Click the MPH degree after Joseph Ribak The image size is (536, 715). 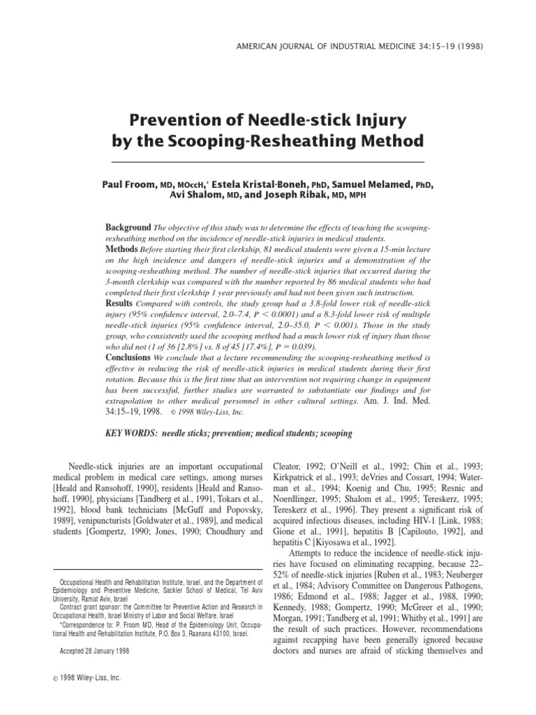point(354,196)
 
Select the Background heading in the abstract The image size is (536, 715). point(128,228)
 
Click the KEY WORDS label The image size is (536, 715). point(131,434)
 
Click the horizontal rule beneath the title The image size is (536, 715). point(268,162)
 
